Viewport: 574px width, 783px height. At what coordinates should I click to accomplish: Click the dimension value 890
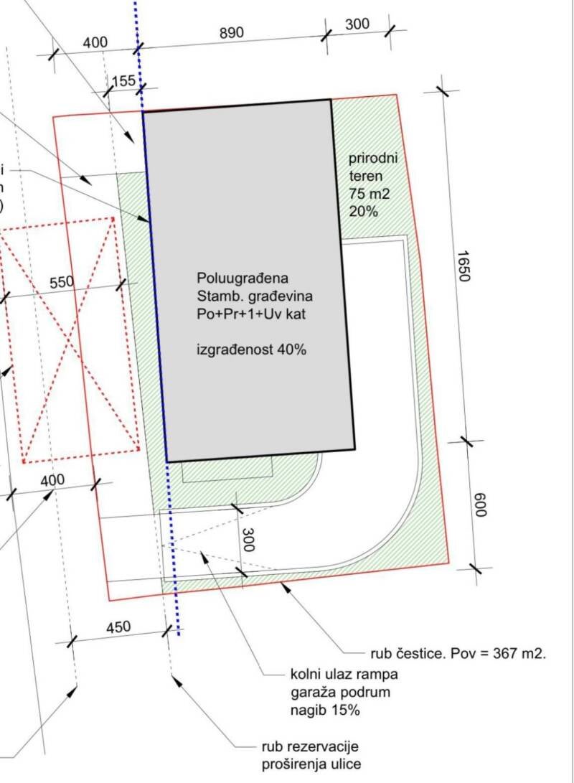pyautogui.click(x=232, y=33)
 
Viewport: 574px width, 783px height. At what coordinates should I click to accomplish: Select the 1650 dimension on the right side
pyautogui.click(x=464, y=266)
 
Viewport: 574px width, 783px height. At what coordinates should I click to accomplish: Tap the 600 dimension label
pyautogui.click(x=479, y=505)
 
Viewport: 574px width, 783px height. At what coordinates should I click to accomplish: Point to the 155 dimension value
pyautogui.click(x=123, y=81)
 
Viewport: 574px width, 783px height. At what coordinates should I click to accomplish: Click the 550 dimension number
pyautogui.click(x=62, y=283)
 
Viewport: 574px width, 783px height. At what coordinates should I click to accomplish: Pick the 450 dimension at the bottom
pyautogui.click(x=118, y=627)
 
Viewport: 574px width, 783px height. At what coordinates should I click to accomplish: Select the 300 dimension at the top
pyautogui.click(x=357, y=24)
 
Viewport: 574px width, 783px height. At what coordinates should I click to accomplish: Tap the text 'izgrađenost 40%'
pyautogui.click(x=252, y=350)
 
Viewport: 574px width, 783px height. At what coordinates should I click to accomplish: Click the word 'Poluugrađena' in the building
pyautogui.click(x=243, y=278)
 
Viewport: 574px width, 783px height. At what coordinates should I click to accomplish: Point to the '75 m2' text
pyautogui.click(x=370, y=193)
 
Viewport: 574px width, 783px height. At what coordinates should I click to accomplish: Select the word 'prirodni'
pyautogui.click(x=373, y=159)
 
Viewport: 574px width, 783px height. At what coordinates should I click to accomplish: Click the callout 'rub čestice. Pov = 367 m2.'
pyautogui.click(x=458, y=653)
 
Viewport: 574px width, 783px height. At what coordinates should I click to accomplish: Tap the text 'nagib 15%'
pyautogui.click(x=325, y=710)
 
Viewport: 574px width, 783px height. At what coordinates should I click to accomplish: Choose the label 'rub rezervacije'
pyautogui.click(x=310, y=747)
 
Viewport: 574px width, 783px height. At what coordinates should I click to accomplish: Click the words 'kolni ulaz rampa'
pyautogui.click(x=344, y=674)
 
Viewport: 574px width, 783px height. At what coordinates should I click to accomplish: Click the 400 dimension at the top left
pyautogui.click(x=95, y=42)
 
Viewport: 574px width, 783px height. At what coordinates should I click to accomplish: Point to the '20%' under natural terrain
pyautogui.click(x=363, y=211)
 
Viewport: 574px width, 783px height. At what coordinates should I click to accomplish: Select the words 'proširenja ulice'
pyautogui.click(x=311, y=764)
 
